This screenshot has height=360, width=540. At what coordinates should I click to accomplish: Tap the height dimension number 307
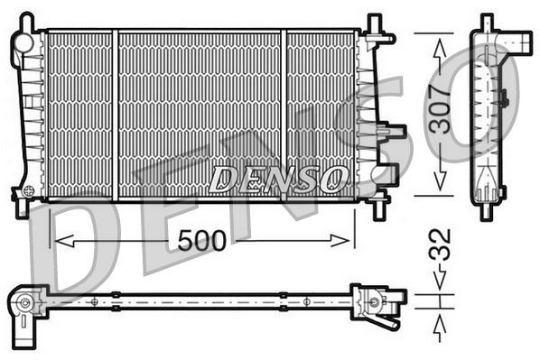point(440,110)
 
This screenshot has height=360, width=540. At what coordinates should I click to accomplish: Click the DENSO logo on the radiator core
point(277,179)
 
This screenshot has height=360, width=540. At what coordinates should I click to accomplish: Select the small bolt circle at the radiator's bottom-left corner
point(29,191)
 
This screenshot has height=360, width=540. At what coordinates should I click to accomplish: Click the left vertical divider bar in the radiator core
point(115,114)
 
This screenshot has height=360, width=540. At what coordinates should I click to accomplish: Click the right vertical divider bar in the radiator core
point(284,114)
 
